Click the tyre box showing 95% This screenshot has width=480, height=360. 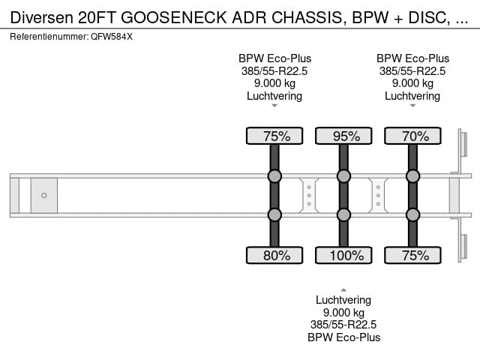coord(343,136)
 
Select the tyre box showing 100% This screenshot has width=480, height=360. coord(343,256)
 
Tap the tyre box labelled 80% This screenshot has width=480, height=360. coord(274,256)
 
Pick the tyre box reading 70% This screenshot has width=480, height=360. coord(412,136)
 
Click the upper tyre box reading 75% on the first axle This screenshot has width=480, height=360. coord(274,136)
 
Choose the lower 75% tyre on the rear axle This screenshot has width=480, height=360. coord(412,256)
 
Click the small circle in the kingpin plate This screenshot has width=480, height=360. coord(44,196)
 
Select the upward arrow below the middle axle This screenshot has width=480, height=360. coord(343,289)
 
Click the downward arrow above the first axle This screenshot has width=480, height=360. coord(274,106)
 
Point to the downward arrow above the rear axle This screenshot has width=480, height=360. coord(412,106)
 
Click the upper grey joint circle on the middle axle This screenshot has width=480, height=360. coord(343,176)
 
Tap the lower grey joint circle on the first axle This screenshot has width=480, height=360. coord(274,215)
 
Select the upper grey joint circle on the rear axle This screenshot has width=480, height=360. coord(412,176)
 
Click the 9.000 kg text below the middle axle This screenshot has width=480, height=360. coord(343,313)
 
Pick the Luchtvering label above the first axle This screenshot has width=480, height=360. coord(274,96)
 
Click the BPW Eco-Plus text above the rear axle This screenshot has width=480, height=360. coord(412,58)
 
